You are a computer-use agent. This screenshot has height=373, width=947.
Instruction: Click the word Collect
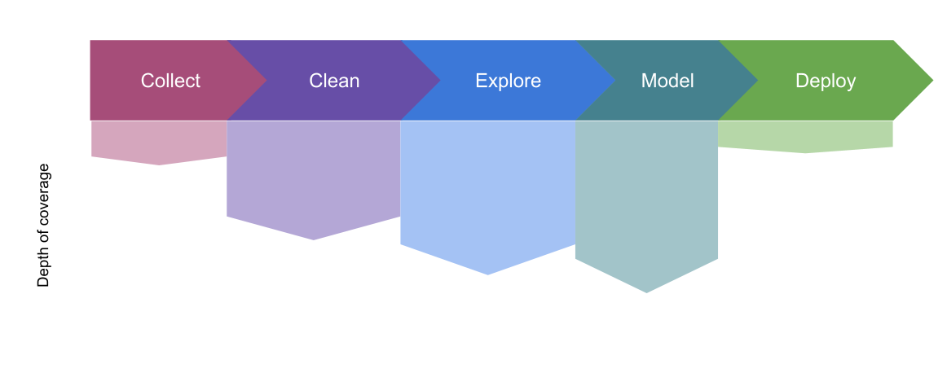(170, 81)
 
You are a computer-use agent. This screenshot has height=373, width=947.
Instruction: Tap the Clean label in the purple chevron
(334, 81)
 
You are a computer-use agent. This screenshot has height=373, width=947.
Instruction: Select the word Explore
(508, 81)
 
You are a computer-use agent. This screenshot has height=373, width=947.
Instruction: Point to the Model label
(667, 81)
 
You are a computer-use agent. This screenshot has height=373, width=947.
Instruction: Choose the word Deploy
(826, 81)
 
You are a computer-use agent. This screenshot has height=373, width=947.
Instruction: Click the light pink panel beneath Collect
(159, 139)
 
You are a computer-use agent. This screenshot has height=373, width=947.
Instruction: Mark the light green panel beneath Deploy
(805, 134)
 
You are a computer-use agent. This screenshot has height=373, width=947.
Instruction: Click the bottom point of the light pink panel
(161, 164)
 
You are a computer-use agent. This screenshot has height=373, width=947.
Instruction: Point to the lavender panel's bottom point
(315, 239)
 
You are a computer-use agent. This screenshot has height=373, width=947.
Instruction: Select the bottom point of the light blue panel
(488, 274)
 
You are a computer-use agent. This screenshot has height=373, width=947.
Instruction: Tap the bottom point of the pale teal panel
(646, 292)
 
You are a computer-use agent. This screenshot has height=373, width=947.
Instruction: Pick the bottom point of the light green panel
(806, 151)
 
